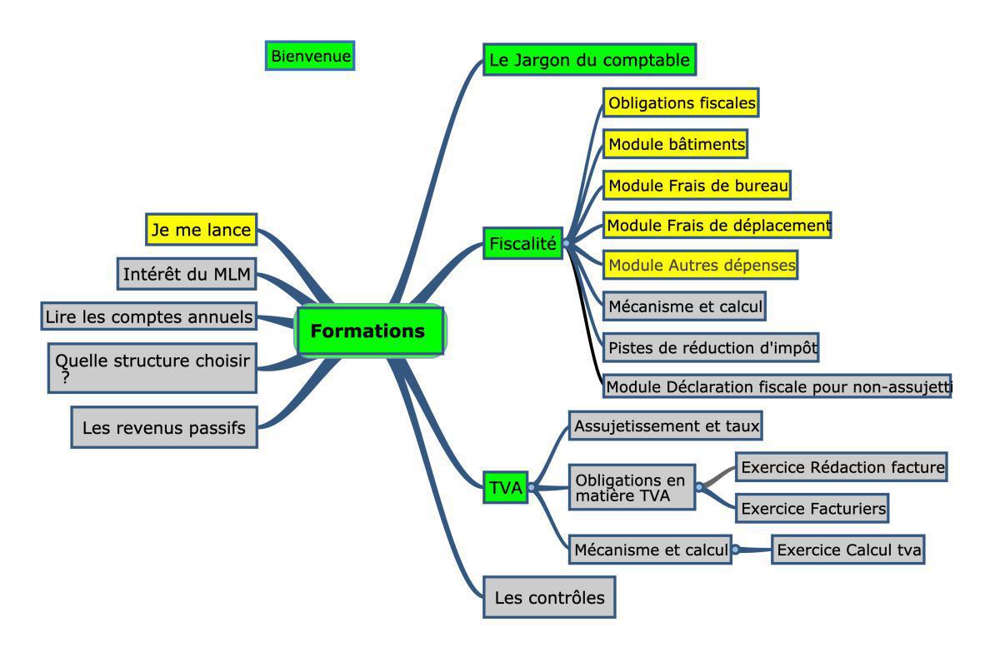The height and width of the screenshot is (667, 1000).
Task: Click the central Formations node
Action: click(369, 331)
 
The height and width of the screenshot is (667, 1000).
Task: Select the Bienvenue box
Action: click(310, 56)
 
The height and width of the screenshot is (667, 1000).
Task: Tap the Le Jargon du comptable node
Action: click(589, 60)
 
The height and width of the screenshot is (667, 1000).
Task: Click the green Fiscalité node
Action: click(522, 243)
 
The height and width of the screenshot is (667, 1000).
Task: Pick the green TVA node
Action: click(505, 489)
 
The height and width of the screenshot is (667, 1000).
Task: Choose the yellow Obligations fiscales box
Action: click(681, 103)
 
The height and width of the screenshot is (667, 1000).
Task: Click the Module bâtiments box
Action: click(676, 143)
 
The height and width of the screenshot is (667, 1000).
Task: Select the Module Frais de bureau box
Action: click(697, 185)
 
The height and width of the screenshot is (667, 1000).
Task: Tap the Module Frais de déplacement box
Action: click(717, 225)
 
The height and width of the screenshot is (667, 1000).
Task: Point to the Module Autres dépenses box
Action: click(701, 265)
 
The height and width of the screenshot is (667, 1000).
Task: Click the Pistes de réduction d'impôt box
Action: click(711, 346)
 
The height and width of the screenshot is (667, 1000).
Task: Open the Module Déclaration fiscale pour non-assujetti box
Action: click(777, 386)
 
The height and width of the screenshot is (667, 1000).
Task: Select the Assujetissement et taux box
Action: click(667, 426)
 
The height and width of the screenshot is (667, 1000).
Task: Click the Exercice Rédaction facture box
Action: click(842, 467)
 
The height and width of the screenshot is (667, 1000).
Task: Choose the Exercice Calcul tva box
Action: click(848, 550)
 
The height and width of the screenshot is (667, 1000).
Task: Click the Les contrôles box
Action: click(549, 597)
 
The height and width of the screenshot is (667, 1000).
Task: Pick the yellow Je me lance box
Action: click(201, 230)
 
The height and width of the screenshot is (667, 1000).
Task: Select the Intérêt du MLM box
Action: click(187, 273)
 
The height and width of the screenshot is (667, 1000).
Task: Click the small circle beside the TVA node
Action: click(532, 488)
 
